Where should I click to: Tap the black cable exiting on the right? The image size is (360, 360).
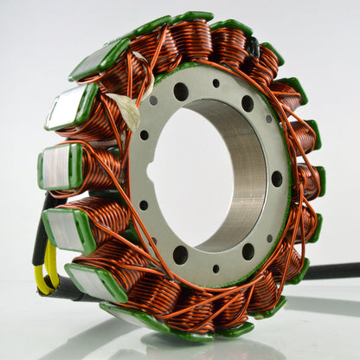click(x=333, y=271)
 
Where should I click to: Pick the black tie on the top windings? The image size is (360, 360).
click(x=252, y=47)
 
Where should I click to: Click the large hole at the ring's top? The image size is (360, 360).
click(x=181, y=91)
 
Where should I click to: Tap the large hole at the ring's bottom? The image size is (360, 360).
click(x=180, y=254)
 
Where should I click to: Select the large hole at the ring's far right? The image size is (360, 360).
click(x=277, y=178)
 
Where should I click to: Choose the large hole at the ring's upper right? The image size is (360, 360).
click(x=247, y=104)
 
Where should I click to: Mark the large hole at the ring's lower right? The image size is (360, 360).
click(x=248, y=252)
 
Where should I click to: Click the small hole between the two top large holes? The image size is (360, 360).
click(x=216, y=84)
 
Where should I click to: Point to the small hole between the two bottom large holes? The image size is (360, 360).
click(x=215, y=268)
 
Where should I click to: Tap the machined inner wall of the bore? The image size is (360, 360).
click(x=242, y=173)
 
